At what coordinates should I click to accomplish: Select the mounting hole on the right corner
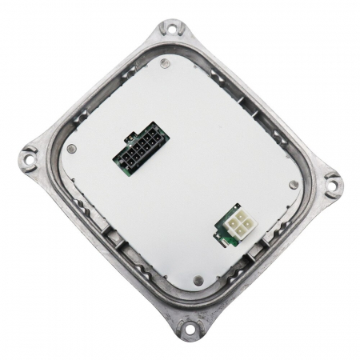click(x=330, y=183)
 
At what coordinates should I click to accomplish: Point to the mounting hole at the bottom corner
click(x=190, y=327)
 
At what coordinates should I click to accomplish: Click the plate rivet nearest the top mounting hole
click(x=163, y=62)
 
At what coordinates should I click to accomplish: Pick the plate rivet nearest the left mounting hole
click(x=71, y=149)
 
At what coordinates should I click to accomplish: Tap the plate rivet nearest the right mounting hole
click(x=294, y=185)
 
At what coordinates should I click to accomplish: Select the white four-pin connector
click(x=234, y=224)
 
